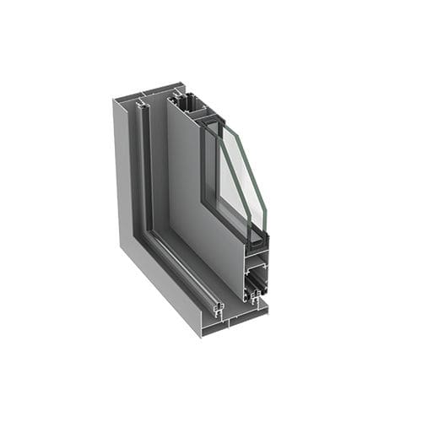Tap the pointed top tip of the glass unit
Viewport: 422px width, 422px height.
(221, 121)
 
